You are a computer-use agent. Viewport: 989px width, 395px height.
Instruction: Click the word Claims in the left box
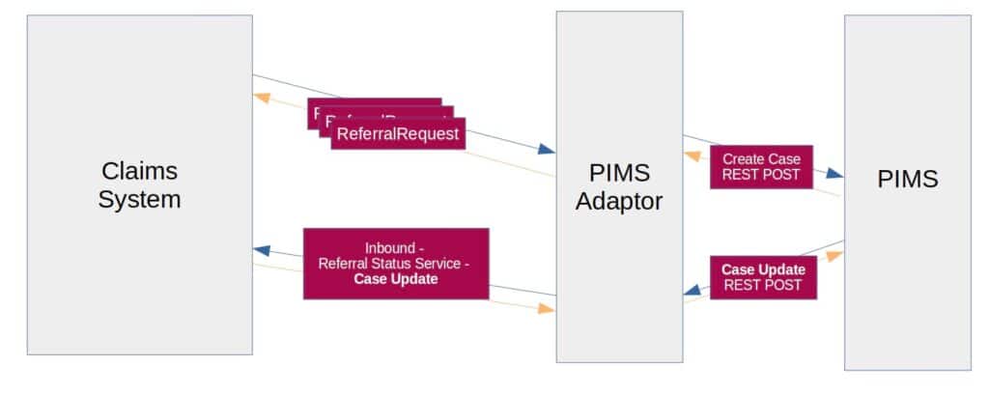[140, 171]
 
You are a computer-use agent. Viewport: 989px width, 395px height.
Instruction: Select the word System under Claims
[140, 200]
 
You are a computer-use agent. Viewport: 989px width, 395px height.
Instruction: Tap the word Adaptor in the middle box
[618, 202]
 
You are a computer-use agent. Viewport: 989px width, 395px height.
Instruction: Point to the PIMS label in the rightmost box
[907, 179]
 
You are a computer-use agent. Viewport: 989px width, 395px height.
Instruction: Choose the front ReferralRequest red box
[398, 133]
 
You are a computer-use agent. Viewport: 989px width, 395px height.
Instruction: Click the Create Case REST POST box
[761, 166]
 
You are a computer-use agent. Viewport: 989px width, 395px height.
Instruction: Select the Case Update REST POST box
[761, 277]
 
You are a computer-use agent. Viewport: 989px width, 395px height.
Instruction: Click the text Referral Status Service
[396, 263]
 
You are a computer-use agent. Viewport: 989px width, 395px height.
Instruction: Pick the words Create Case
[761, 158]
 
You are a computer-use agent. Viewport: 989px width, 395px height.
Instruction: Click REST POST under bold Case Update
[761, 286]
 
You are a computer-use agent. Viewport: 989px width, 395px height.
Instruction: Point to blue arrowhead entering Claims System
[261, 250]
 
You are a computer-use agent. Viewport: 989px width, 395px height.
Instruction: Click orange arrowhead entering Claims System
[261, 97]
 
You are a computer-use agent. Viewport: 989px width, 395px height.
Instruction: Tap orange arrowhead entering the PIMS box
[834, 256]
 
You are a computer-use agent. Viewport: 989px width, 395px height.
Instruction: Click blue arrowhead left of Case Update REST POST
[692, 288]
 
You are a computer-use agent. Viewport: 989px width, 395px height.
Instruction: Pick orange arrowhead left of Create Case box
[692, 155]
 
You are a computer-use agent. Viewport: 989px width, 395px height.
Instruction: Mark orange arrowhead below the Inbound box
[547, 309]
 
